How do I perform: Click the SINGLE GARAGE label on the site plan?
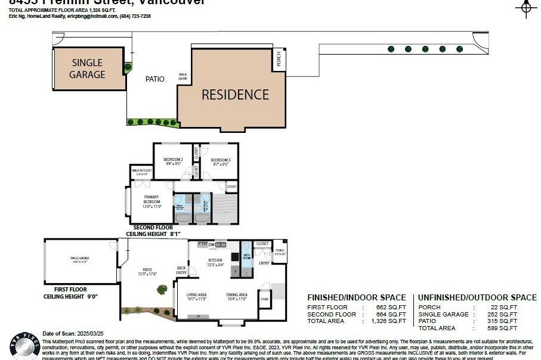87,69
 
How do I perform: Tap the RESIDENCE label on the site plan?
235,95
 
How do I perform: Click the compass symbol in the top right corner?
525,7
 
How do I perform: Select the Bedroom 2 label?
173,162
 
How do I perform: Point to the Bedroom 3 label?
220,162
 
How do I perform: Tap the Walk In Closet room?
141,172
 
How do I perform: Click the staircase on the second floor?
225,209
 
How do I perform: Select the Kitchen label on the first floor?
215,262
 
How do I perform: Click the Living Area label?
196,296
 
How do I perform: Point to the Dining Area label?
237,296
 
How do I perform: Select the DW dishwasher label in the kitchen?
212,244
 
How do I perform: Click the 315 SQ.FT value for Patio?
505,321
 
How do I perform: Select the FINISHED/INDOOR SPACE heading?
356,297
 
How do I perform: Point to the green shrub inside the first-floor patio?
162,290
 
